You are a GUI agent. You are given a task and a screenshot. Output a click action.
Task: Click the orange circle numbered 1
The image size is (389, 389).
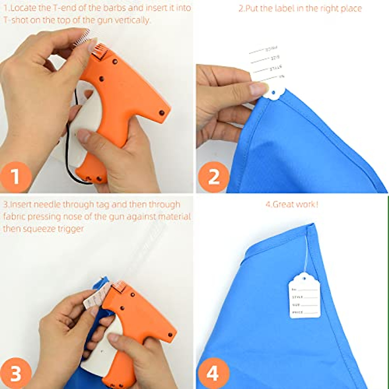(16, 177)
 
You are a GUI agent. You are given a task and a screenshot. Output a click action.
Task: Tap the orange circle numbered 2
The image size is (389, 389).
(213, 177)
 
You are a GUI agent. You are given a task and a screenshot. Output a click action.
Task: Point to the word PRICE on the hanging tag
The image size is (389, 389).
(297, 312)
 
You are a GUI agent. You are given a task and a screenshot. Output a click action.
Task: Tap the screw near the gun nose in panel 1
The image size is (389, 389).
(161, 112)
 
